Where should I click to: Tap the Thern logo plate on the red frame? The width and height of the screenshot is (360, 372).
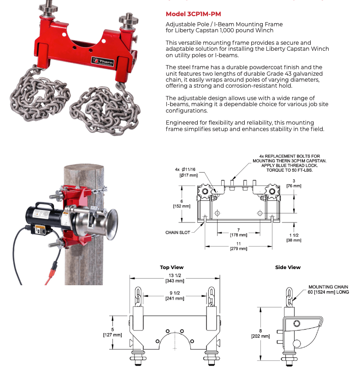pos(102,61)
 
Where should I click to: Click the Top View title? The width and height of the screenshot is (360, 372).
pos(171,267)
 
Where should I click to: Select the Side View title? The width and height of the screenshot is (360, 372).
pos(288,267)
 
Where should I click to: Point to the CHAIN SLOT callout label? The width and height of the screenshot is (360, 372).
pos(178,233)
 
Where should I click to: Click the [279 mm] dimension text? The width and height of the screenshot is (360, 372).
pos(239,248)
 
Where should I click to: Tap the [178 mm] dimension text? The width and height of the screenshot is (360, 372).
pos(239,235)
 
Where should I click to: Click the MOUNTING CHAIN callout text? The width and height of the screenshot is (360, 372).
pos(328,287)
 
